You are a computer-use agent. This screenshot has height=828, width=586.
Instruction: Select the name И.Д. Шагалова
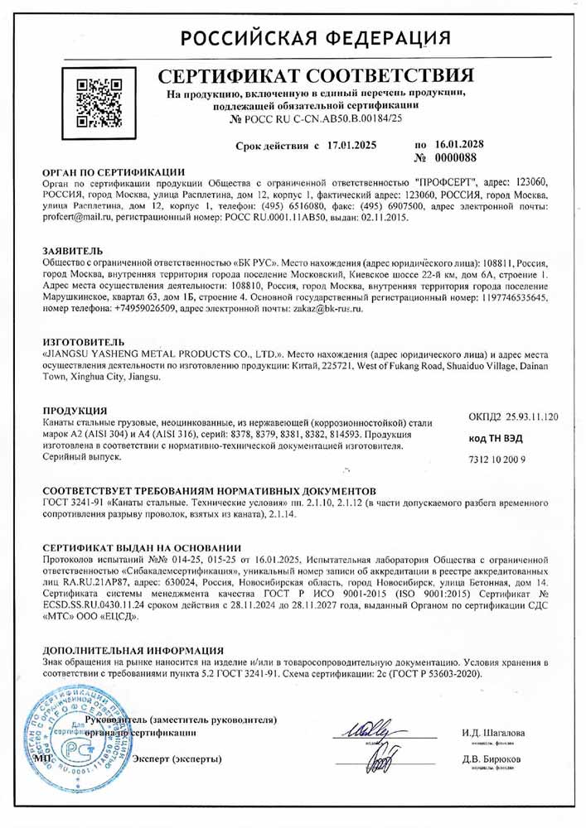(x=493, y=733)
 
